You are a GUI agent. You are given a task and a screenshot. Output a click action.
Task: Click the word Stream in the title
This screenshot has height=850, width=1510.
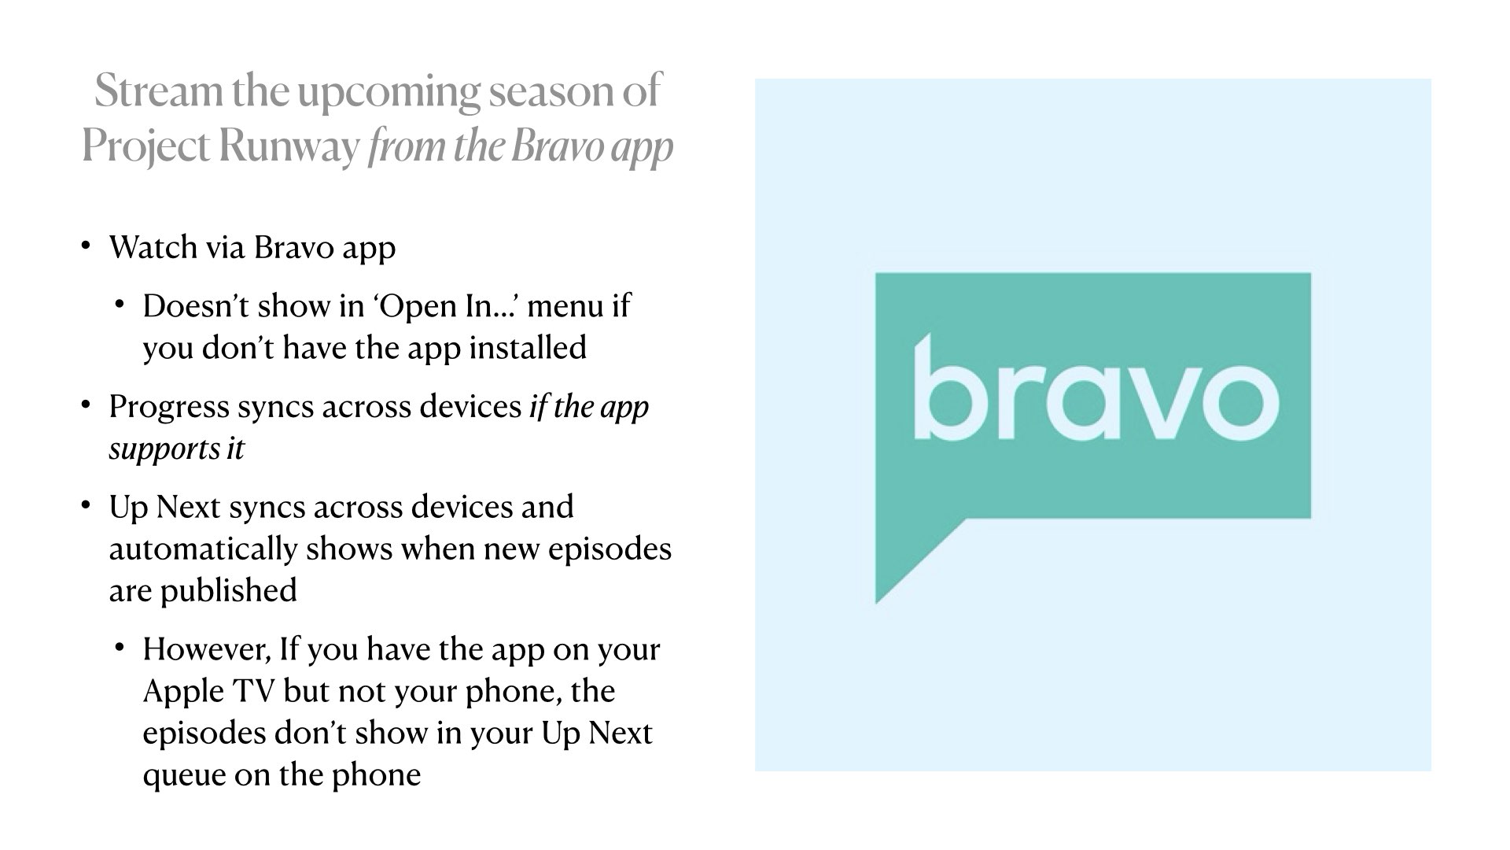(158, 91)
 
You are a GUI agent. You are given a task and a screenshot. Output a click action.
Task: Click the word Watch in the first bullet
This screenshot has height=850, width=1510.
(153, 247)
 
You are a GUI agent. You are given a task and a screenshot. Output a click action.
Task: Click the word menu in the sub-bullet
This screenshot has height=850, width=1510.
(565, 305)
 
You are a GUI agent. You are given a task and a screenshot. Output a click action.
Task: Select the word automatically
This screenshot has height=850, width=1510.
(203, 549)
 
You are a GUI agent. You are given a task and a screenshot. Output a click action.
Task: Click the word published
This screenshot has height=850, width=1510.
(229, 590)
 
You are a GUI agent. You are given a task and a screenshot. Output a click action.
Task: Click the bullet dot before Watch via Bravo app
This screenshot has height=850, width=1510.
(86, 244)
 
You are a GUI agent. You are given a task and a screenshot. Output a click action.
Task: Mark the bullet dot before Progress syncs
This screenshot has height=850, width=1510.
(86, 404)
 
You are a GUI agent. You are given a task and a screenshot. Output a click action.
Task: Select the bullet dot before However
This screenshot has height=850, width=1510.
(120, 647)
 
